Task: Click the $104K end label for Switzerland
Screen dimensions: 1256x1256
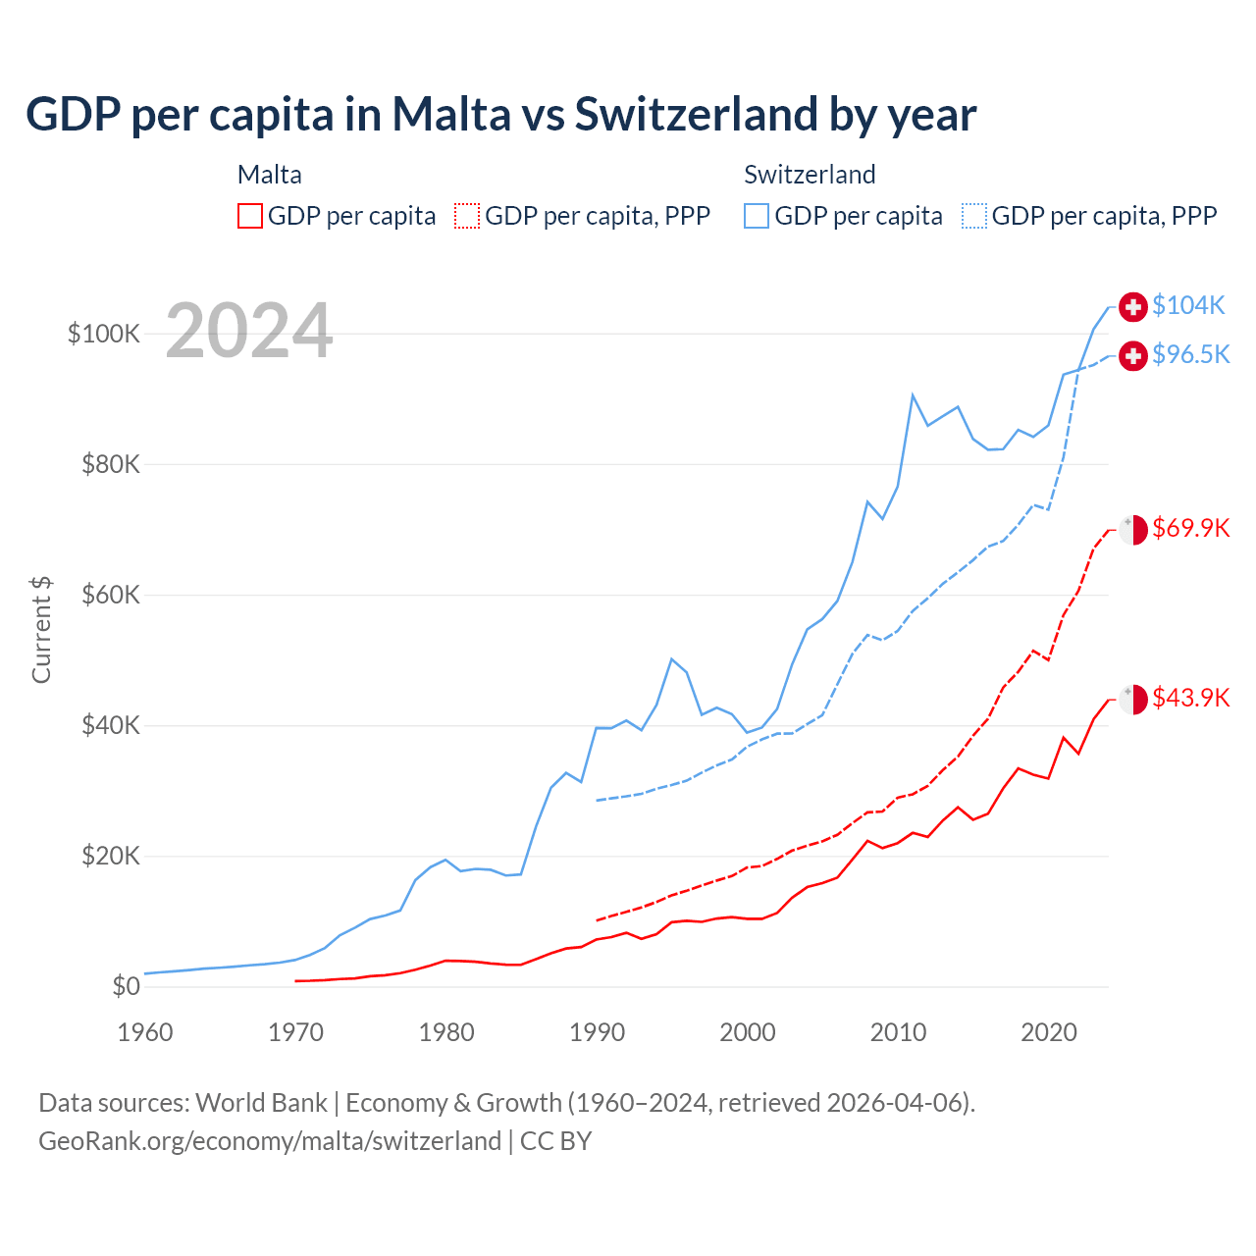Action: [x=1188, y=305]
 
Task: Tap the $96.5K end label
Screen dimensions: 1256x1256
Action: [x=1190, y=354]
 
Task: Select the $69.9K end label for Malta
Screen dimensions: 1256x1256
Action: [x=1190, y=528]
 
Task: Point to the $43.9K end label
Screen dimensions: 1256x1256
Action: [x=1190, y=698]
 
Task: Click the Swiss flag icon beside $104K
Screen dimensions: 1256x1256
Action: [x=1133, y=306]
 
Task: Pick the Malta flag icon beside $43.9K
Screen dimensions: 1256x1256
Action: [x=1133, y=699]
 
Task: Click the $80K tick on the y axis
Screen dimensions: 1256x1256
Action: [x=111, y=464]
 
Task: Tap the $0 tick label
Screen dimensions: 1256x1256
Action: [x=126, y=986]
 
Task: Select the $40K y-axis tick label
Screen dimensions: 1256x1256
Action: [x=111, y=726]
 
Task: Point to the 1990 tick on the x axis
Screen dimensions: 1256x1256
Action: [x=597, y=1032]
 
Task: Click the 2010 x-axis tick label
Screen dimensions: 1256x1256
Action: [x=898, y=1032]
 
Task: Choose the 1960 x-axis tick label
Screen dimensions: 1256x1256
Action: [x=145, y=1032]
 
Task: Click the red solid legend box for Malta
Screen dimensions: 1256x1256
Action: [x=250, y=216]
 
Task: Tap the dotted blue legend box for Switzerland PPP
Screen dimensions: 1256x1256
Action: [x=974, y=216]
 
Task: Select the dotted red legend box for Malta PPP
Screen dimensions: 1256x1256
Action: [x=467, y=216]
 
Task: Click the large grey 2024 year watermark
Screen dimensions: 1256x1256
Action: [x=249, y=332]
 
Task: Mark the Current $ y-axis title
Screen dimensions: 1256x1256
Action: [x=41, y=630]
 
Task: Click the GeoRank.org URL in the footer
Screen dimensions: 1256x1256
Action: [x=270, y=1141]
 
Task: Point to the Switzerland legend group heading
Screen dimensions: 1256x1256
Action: [x=810, y=175]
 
